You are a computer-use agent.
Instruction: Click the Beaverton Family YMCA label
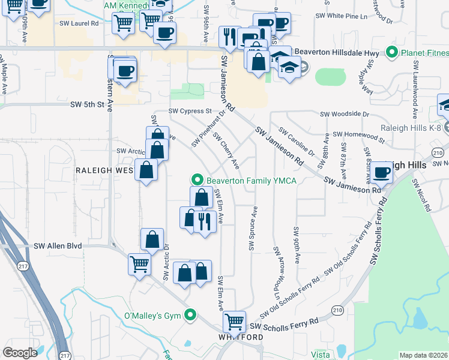(252, 181)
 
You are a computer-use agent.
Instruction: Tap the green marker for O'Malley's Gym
(191, 314)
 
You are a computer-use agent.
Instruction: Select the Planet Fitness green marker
(393, 53)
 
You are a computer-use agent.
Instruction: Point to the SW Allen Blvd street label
(58, 246)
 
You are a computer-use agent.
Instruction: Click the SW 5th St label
(83, 104)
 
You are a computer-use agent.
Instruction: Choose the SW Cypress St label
(190, 111)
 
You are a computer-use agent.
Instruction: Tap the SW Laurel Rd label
(79, 23)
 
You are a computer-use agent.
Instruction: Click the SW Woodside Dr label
(344, 113)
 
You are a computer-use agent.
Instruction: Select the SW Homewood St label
(358, 134)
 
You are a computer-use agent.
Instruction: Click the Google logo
(20, 353)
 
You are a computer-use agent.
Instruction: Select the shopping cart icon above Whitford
(234, 322)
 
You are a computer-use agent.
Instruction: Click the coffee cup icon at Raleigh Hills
(381, 173)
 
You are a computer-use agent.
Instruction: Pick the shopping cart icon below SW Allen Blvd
(139, 263)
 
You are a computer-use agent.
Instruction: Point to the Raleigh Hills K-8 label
(411, 128)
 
